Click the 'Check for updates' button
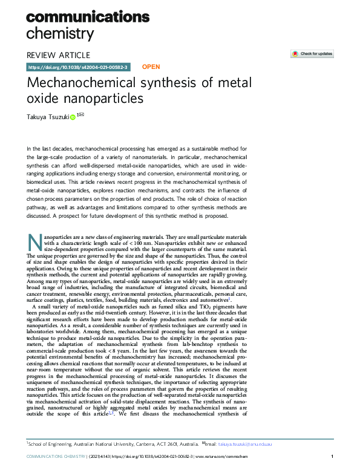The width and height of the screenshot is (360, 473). pos(312,54)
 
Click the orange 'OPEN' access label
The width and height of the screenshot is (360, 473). pos(151,67)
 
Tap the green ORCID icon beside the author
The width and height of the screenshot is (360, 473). pos(73,118)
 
